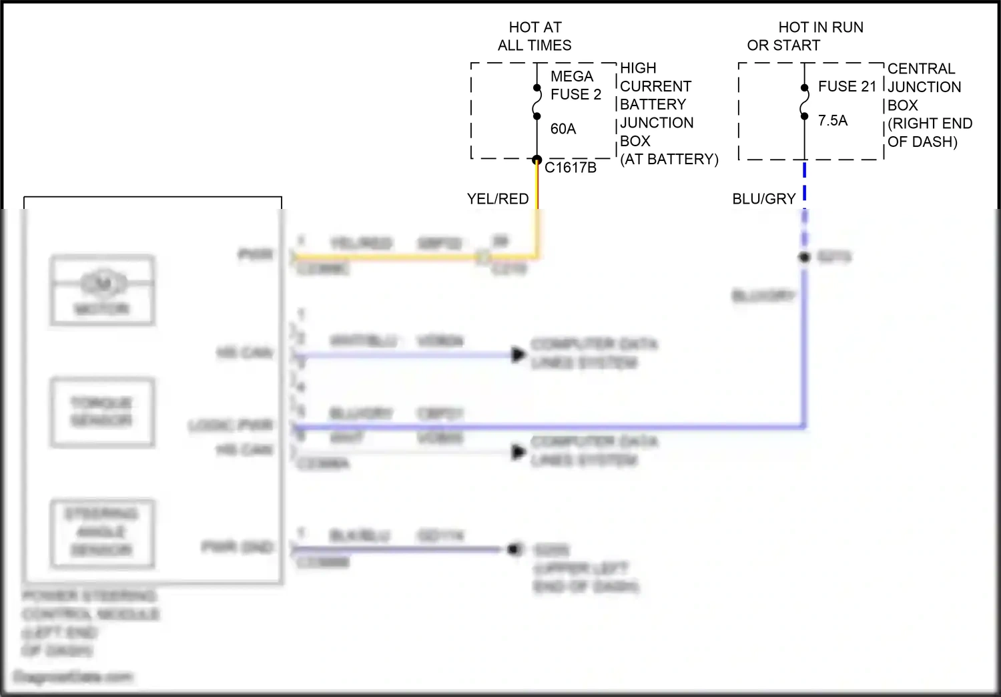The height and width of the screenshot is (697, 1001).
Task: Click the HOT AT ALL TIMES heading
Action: point(535,36)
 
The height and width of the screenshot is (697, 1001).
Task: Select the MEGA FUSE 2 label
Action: point(575,85)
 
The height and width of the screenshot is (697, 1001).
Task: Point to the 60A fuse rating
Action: point(563,129)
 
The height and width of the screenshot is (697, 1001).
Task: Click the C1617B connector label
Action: point(570,168)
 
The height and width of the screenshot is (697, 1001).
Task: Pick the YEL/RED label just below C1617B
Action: point(497,199)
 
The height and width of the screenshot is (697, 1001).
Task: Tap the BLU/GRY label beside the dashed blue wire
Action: point(763,199)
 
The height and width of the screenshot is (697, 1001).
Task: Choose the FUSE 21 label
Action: point(846,87)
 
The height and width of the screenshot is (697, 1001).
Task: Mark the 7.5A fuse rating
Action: point(832,121)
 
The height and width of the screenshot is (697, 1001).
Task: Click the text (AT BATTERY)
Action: point(669,160)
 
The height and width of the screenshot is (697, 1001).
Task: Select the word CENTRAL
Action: point(921,69)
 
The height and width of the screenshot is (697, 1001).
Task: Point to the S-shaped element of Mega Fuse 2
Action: point(537,102)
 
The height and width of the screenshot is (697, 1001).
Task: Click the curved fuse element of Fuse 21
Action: point(804,102)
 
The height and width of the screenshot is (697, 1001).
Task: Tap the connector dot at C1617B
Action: point(537,160)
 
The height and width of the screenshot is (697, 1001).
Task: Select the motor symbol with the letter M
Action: point(103,283)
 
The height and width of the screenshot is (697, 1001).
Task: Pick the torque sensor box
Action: point(103,412)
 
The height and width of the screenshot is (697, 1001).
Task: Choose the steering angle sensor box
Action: point(103,533)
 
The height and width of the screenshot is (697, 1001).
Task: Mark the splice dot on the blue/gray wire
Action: point(805,257)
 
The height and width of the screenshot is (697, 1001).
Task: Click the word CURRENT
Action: point(655,87)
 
